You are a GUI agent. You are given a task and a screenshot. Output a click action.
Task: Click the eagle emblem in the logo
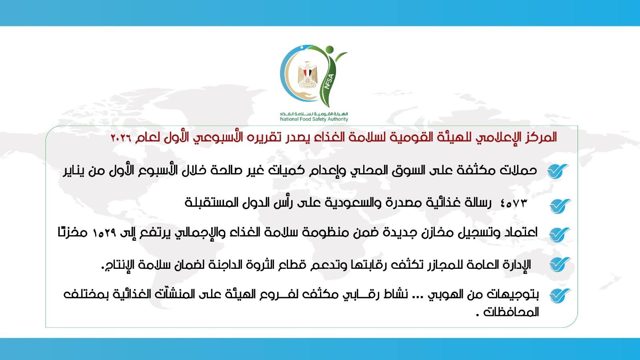[x=307, y=75]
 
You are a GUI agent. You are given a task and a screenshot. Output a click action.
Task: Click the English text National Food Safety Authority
[x=314, y=119]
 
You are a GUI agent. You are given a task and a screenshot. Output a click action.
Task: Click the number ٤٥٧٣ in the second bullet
[x=514, y=203]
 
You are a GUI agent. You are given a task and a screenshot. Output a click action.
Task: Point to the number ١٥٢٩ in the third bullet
[x=104, y=233]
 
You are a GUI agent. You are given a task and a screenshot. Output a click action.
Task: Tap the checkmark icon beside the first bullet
[x=558, y=171]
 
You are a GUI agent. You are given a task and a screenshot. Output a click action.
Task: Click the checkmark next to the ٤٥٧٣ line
[x=560, y=206]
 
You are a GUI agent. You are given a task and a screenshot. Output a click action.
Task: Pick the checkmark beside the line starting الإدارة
[x=559, y=264]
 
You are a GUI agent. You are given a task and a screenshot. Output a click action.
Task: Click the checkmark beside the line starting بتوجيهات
[x=559, y=296]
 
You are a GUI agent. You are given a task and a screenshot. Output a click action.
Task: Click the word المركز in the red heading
[x=540, y=138]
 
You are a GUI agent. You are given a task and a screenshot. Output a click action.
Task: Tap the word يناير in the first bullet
[x=77, y=171]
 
